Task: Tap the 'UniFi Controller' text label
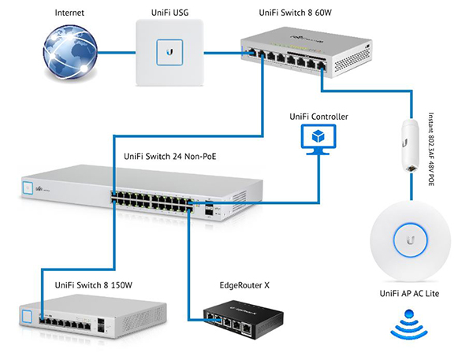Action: (x=318, y=117)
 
